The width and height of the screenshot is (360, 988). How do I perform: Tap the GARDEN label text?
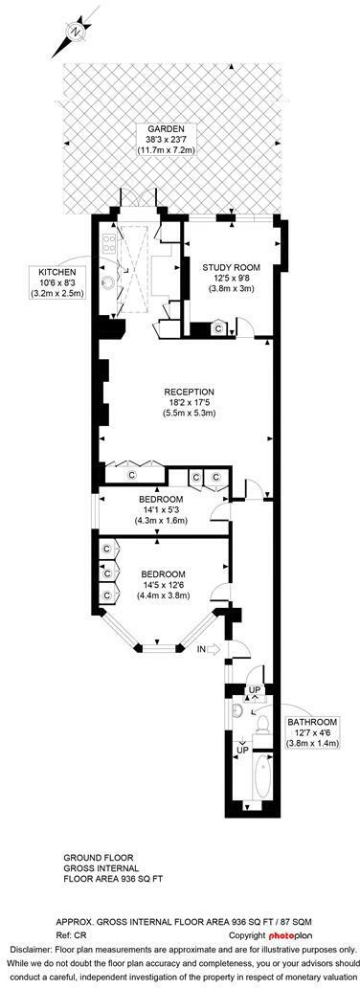(180, 128)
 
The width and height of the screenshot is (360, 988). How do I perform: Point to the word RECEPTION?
(189, 391)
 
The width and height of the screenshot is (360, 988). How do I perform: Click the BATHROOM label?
(315, 721)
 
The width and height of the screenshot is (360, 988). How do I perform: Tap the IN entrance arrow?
(202, 650)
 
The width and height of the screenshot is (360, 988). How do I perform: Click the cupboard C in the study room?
(218, 328)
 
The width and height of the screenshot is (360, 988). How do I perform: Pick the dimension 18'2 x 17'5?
(189, 402)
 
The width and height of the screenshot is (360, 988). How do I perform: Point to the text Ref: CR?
(83, 933)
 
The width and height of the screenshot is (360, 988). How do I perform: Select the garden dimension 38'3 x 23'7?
(180, 140)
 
